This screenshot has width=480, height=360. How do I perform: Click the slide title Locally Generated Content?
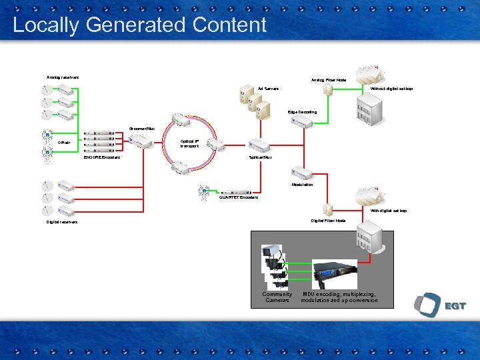coord(139,25)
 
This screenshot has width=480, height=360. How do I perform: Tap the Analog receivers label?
coord(63,77)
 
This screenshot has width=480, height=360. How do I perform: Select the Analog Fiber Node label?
coord(329,80)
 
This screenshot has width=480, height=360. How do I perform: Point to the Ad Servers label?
coord(268,89)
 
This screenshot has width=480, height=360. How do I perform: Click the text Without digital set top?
coord(391,89)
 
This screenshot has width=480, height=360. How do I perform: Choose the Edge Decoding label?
coord(302,112)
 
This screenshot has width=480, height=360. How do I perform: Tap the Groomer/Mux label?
coord(141,127)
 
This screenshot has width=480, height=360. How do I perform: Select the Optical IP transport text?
coord(189,143)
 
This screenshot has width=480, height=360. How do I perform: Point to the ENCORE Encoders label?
coord(101,158)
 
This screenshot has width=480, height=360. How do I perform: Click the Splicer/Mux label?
coord(261,157)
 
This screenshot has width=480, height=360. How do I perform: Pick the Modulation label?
coord(302,185)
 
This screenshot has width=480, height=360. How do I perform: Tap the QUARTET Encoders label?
coord(238,197)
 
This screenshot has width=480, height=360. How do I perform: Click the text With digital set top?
coord(389,211)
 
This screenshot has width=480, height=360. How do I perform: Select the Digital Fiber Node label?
coord(329,221)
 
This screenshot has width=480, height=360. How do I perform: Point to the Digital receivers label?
coord(62,222)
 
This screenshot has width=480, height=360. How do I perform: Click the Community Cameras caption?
coord(277,297)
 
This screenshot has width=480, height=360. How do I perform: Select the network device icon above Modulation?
coord(302,173)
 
